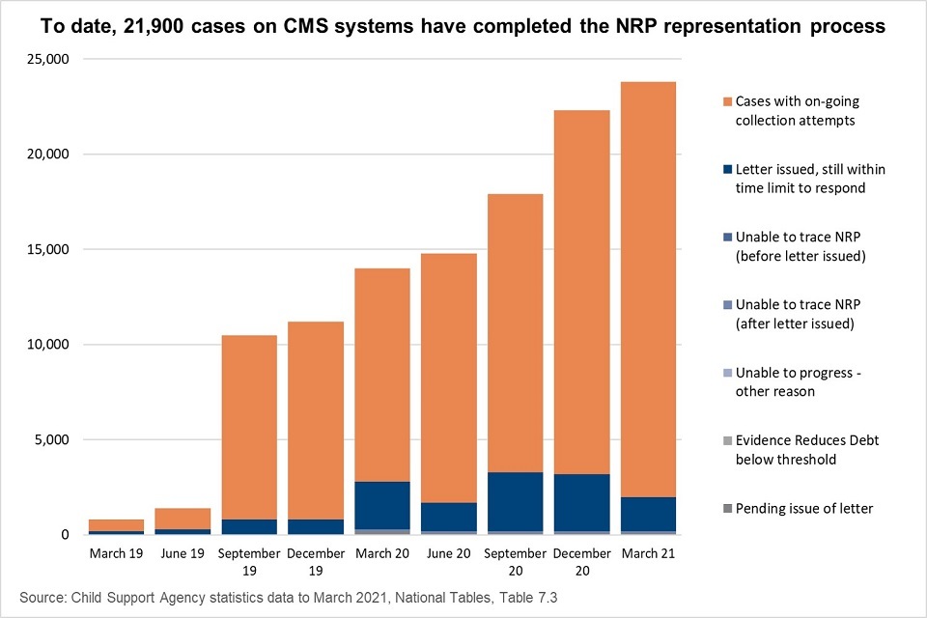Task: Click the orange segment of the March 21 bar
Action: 647,290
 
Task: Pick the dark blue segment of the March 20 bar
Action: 381,505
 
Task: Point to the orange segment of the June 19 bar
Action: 183,519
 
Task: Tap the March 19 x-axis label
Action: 116,553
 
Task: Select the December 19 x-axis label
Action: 315,561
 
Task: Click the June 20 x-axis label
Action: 448,553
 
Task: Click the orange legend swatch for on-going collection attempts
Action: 726,100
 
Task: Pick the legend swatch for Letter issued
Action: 726,169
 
